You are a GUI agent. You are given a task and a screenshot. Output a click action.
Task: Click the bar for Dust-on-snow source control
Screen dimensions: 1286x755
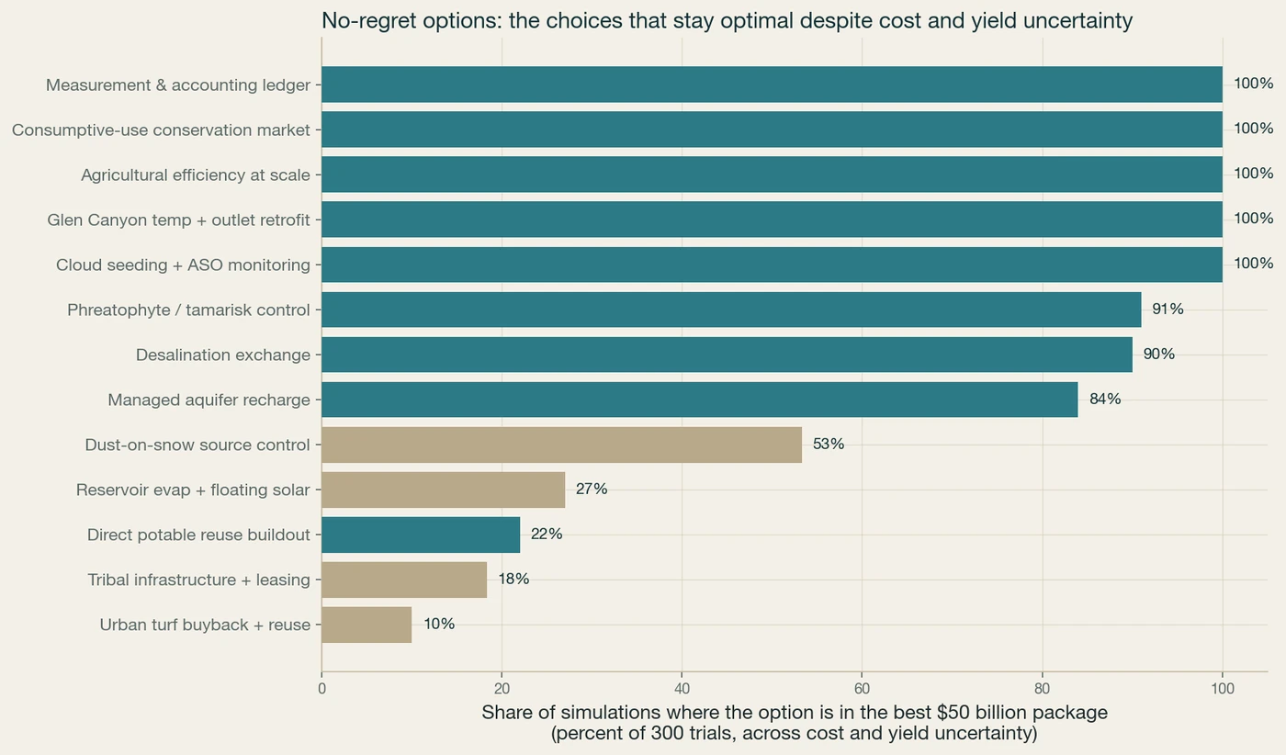(561, 445)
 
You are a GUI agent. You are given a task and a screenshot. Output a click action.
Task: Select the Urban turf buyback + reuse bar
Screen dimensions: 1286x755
(367, 625)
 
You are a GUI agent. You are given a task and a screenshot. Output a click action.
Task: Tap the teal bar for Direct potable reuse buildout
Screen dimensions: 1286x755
(421, 535)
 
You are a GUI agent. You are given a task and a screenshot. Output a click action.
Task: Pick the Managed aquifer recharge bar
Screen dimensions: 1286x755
(700, 400)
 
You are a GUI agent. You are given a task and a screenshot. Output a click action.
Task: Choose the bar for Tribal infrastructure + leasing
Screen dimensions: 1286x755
(404, 580)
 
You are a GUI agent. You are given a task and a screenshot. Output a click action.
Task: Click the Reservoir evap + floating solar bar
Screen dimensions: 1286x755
(443, 490)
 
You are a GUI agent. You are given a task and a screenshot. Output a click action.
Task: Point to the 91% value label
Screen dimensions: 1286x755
(1168, 309)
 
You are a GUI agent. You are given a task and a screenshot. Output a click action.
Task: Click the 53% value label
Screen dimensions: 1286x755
(829, 444)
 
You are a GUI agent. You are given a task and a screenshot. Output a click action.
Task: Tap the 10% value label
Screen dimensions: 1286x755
(439, 624)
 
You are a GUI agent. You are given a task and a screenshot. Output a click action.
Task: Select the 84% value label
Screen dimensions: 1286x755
(1105, 399)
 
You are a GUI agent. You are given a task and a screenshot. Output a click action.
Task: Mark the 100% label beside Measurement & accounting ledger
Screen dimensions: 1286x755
(1253, 84)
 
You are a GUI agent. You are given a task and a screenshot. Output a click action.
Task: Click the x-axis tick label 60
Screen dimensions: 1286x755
(862, 688)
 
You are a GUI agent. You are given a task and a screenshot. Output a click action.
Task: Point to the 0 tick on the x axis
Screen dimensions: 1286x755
(321, 688)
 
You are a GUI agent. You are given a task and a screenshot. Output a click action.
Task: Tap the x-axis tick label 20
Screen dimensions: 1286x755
(502, 688)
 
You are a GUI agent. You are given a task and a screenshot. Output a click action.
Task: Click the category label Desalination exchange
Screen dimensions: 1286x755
(222, 355)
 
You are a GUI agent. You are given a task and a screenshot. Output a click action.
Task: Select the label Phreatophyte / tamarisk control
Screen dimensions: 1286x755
(188, 310)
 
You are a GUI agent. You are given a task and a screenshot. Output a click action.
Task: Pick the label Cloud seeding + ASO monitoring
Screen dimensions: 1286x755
(183, 265)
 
